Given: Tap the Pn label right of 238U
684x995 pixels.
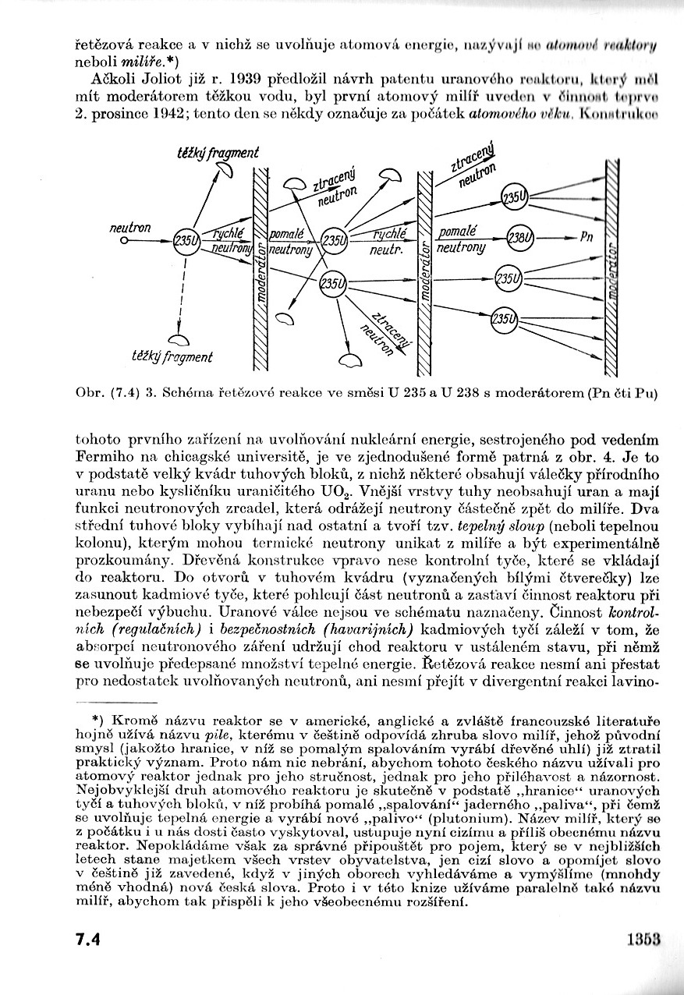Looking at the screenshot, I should click(x=587, y=237).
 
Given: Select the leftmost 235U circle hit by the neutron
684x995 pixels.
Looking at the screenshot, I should click(x=186, y=241).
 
